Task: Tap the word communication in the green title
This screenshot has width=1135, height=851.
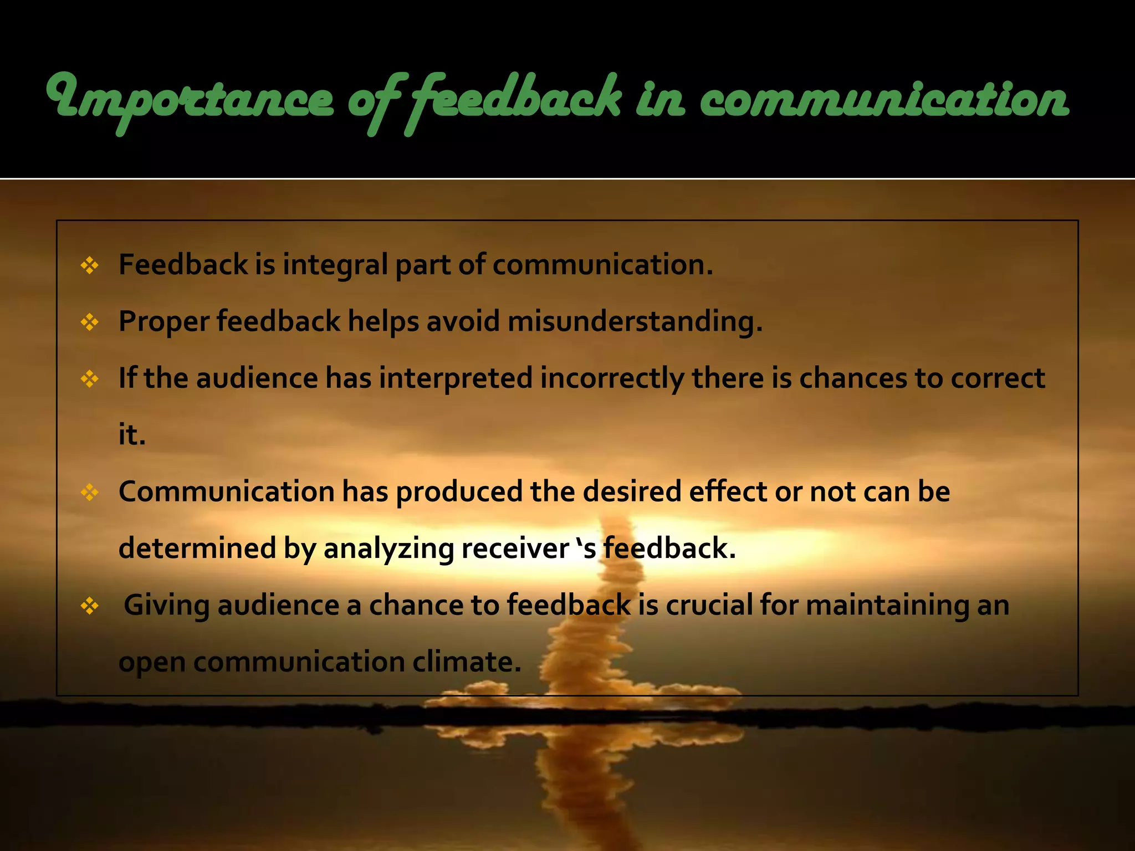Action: (884, 100)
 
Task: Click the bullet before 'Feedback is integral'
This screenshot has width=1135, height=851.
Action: (89, 265)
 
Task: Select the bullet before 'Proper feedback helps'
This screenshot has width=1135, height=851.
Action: (89, 322)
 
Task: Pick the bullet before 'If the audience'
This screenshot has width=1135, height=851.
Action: (89, 379)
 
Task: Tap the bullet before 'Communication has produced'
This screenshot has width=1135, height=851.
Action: (89, 492)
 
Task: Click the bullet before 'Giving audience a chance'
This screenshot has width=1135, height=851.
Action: (89, 606)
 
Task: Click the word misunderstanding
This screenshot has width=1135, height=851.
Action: (635, 321)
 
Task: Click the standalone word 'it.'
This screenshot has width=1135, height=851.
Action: (132, 435)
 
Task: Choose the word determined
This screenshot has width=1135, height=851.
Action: (197, 548)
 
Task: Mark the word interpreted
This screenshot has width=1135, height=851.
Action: (456, 378)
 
